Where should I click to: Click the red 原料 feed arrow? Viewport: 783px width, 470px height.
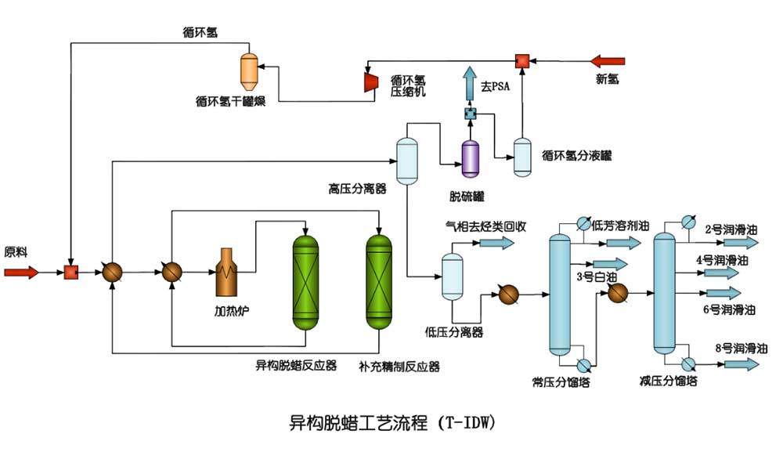coord(21,273)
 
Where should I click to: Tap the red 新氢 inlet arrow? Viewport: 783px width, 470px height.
coord(608,60)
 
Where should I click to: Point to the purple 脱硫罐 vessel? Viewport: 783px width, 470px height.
coord(471,157)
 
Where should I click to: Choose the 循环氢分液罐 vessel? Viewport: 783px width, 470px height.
coord(522,157)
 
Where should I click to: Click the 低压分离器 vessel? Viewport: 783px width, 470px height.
coord(453,277)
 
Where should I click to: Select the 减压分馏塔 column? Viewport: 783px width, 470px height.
coord(664,294)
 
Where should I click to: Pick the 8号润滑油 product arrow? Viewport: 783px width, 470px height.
coord(741,364)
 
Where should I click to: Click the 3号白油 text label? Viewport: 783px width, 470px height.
coord(597,276)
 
